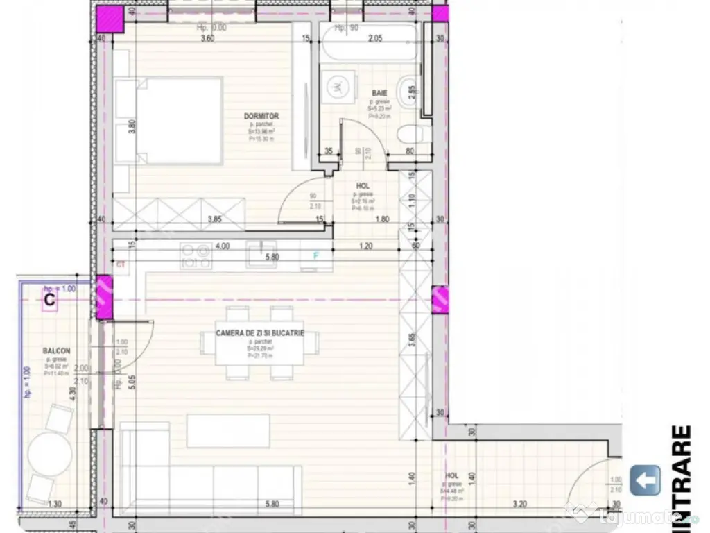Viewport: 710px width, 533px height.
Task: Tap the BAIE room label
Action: tap(379, 94)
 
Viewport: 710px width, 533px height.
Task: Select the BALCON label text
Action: tap(55, 352)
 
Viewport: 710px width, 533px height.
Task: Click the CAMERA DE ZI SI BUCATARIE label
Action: tap(260, 334)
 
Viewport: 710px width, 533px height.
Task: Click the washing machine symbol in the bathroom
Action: tap(336, 87)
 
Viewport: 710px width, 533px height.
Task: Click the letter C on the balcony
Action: tap(49, 300)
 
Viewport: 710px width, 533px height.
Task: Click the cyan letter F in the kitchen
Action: tap(316, 255)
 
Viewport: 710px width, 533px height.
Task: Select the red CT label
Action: tap(121, 264)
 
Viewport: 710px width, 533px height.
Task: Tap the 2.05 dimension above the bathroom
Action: tap(375, 39)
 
